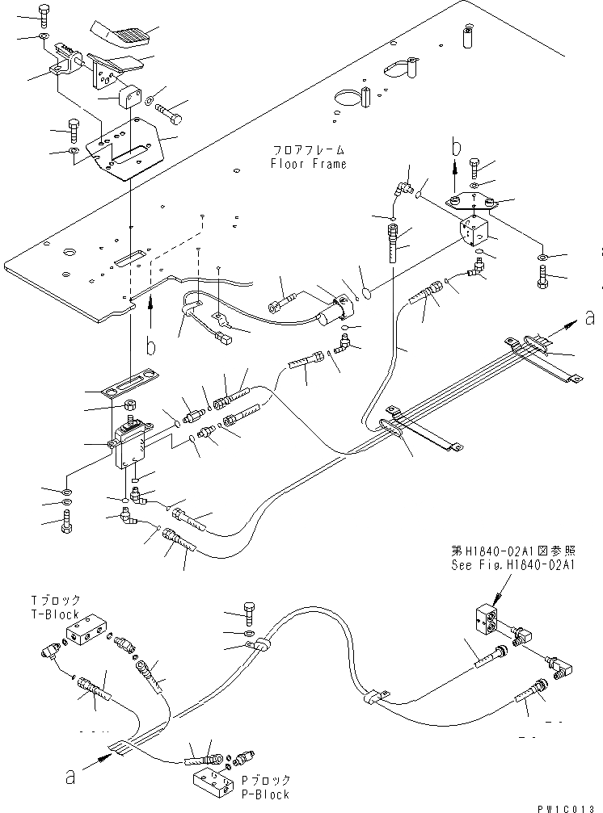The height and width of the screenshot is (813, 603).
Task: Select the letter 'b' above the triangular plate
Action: click(x=456, y=147)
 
